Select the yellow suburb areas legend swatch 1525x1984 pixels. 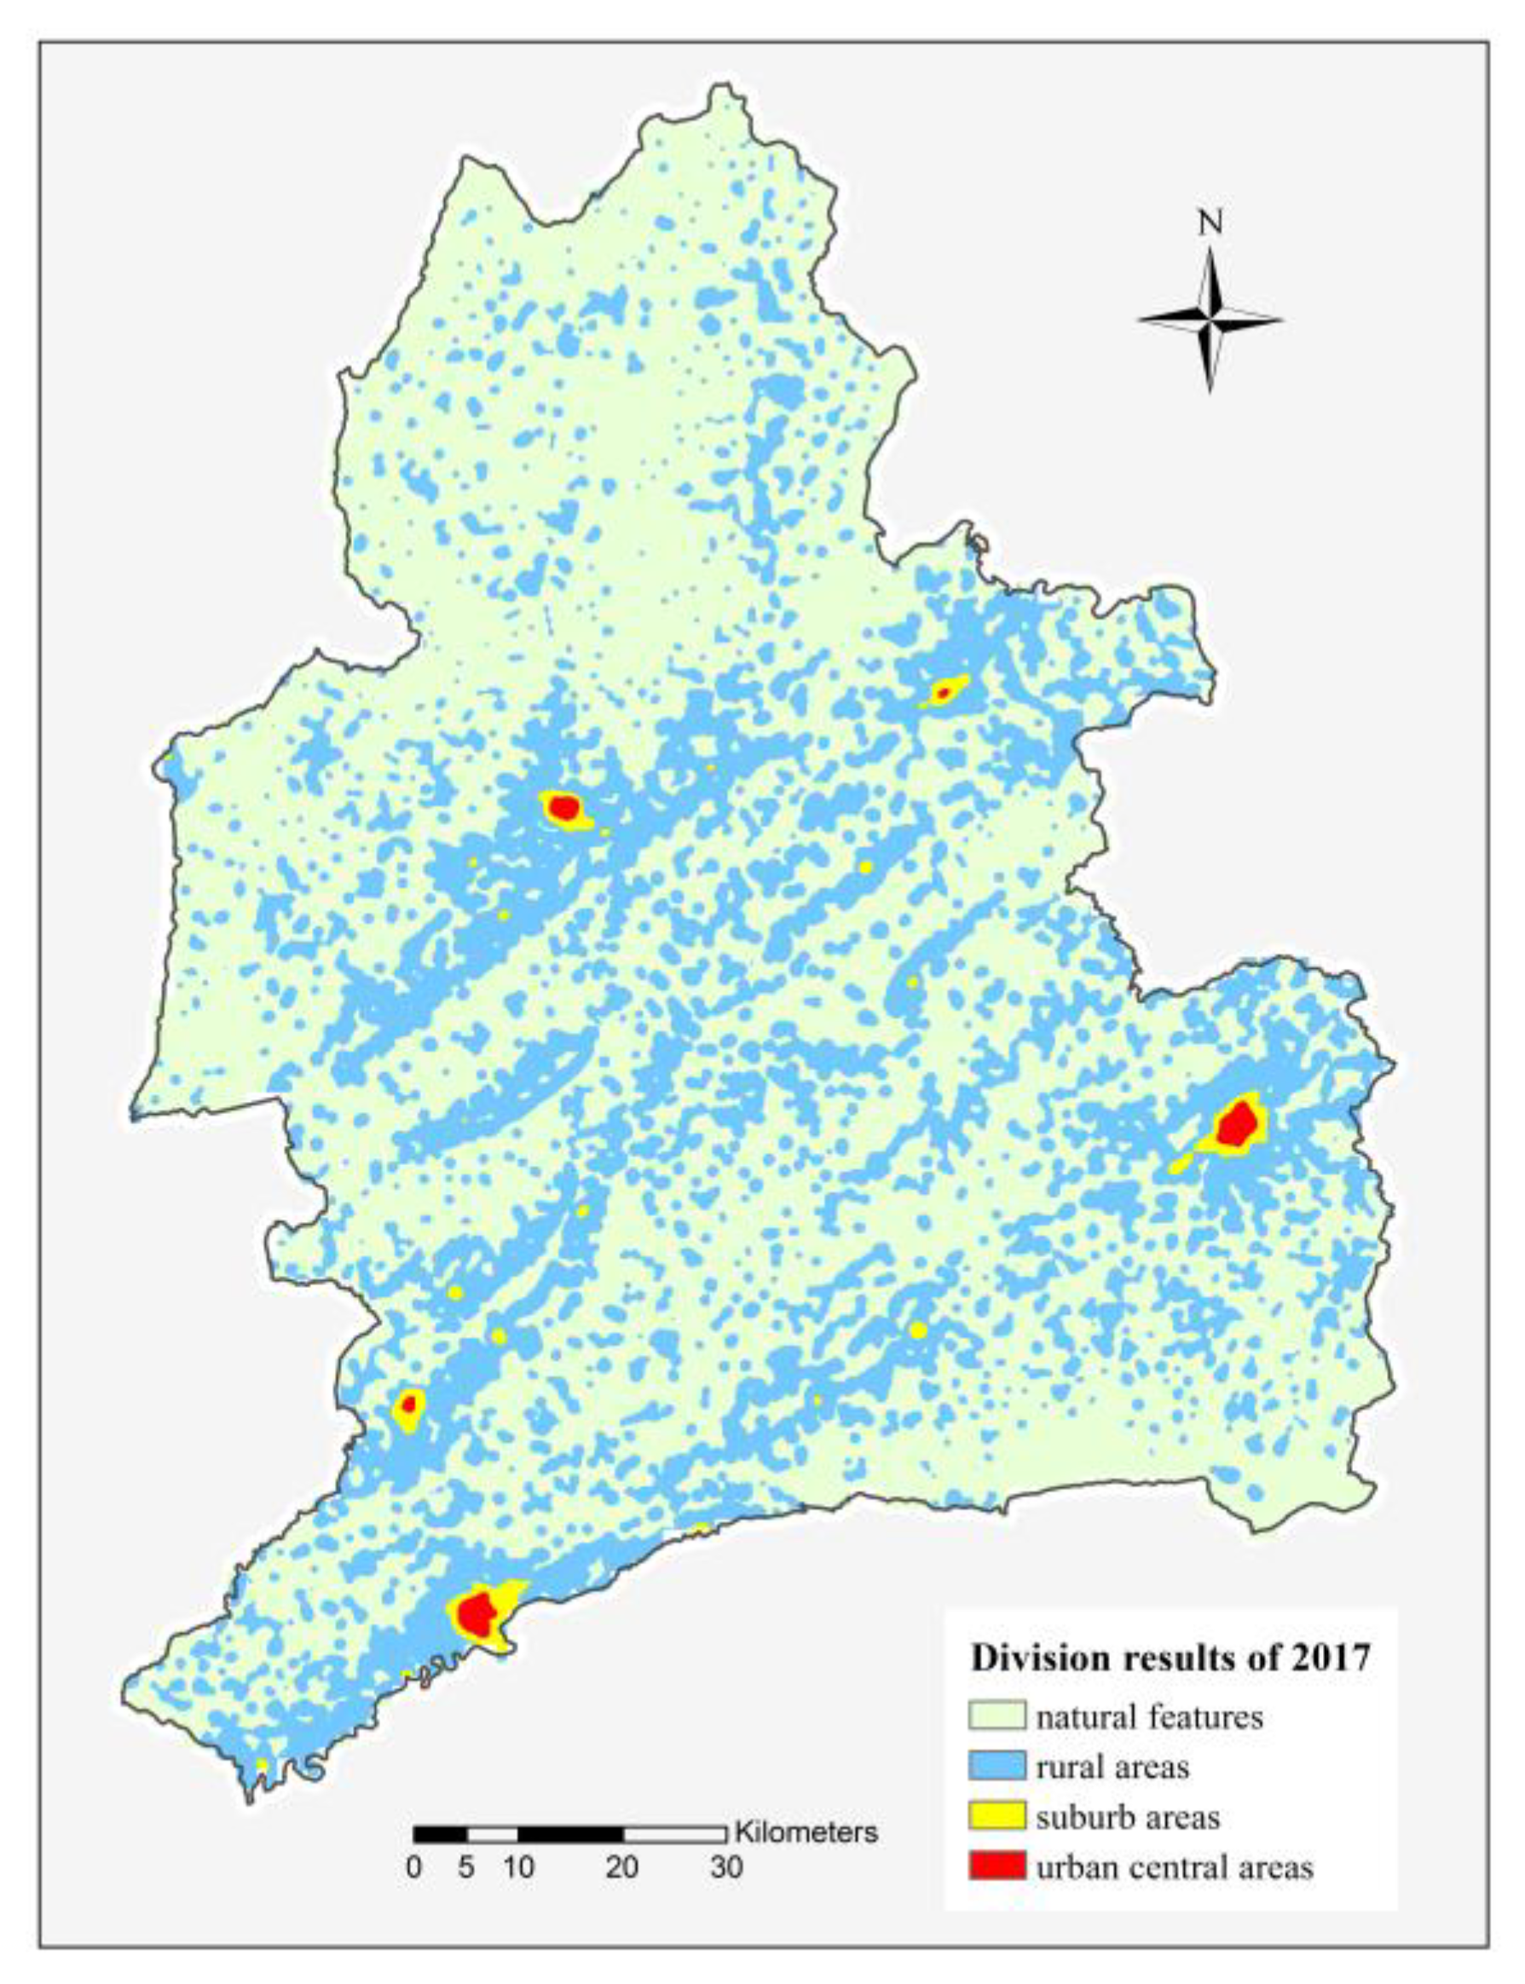click(x=996, y=1816)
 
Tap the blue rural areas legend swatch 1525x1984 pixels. click(x=996, y=1766)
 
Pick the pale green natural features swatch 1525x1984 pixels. click(x=996, y=1716)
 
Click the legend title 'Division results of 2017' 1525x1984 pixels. click(x=1170, y=1658)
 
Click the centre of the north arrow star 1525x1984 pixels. click(x=1210, y=319)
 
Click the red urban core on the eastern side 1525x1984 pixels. click(x=1237, y=1124)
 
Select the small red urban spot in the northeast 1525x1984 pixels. click(x=943, y=694)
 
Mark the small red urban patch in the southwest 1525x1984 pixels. click(x=408, y=1404)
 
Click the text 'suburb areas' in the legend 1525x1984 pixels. click(x=1128, y=1817)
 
